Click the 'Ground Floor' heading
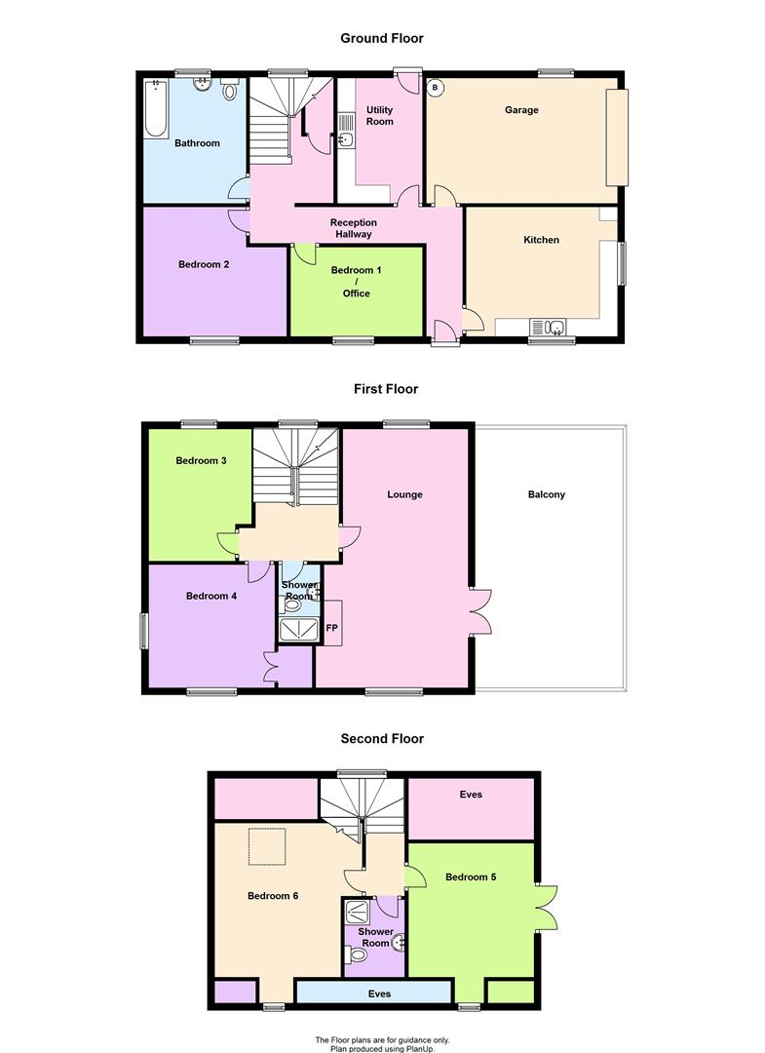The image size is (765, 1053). pyautogui.click(x=381, y=38)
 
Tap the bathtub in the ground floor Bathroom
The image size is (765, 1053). pyautogui.click(x=156, y=109)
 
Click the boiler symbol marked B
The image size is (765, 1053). pyautogui.click(x=435, y=88)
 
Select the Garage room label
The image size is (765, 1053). pyautogui.click(x=521, y=110)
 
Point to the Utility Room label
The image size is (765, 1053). pyautogui.click(x=379, y=115)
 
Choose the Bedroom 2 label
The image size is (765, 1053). pyautogui.click(x=204, y=263)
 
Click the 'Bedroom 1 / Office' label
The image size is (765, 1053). pyautogui.click(x=356, y=281)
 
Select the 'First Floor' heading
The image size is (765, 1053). pyautogui.click(x=385, y=389)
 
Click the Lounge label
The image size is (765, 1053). pyautogui.click(x=404, y=494)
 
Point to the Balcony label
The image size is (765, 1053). pyautogui.click(x=547, y=494)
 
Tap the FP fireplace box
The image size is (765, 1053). pyautogui.click(x=331, y=629)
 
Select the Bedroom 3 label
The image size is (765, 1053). pyautogui.click(x=201, y=461)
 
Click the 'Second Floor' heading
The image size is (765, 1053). pyautogui.click(x=382, y=739)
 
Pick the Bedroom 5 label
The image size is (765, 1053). pyautogui.click(x=471, y=877)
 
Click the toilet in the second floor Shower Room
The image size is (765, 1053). pyautogui.click(x=357, y=955)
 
